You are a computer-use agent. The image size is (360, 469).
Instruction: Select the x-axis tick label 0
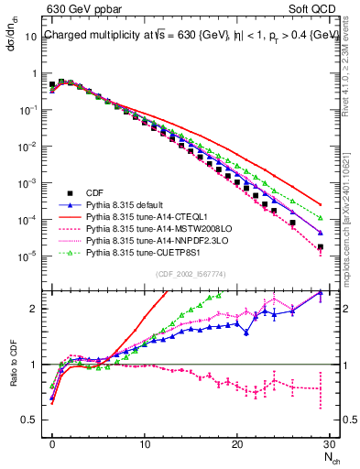coord(51,445)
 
